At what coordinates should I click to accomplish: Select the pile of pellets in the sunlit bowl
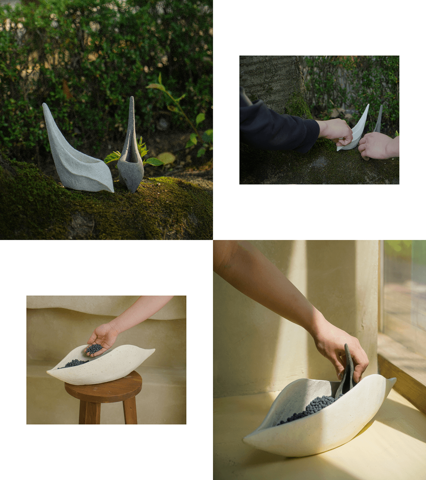point(312,407)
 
